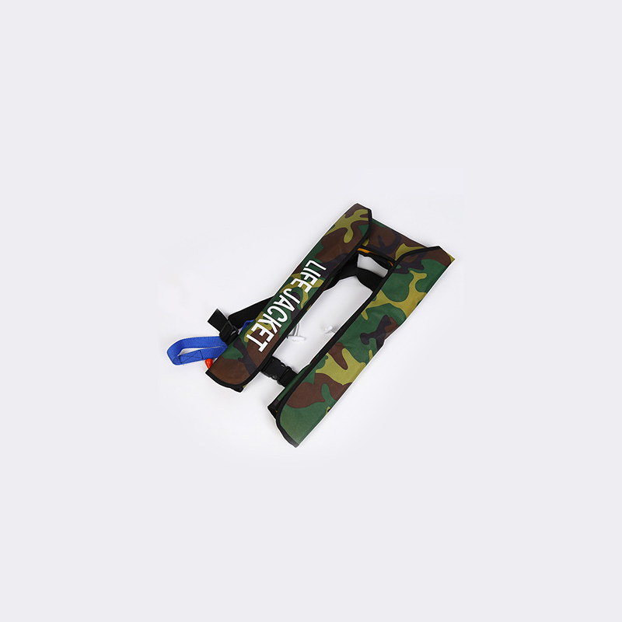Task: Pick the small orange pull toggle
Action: click(x=210, y=363)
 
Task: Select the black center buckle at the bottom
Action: click(x=278, y=368)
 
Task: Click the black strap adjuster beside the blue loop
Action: click(x=227, y=332)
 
